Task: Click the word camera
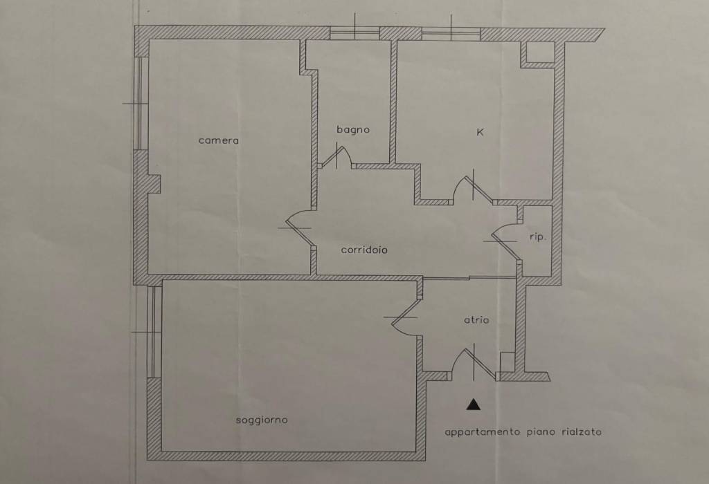(x=218, y=140)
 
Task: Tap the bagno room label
(x=353, y=130)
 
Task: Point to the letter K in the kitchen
(x=481, y=132)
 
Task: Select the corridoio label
(x=364, y=250)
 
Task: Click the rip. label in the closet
(x=537, y=237)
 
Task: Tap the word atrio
(x=476, y=319)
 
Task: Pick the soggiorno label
(x=262, y=420)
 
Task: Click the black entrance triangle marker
(x=474, y=404)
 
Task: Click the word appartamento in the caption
(x=483, y=432)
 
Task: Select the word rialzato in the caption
(x=582, y=431)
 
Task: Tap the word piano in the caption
(x=541, y=432)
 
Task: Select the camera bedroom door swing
(x=298, y=229)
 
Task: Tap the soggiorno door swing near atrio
(x=406, y=316)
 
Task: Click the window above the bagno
(x=354, y=33)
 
